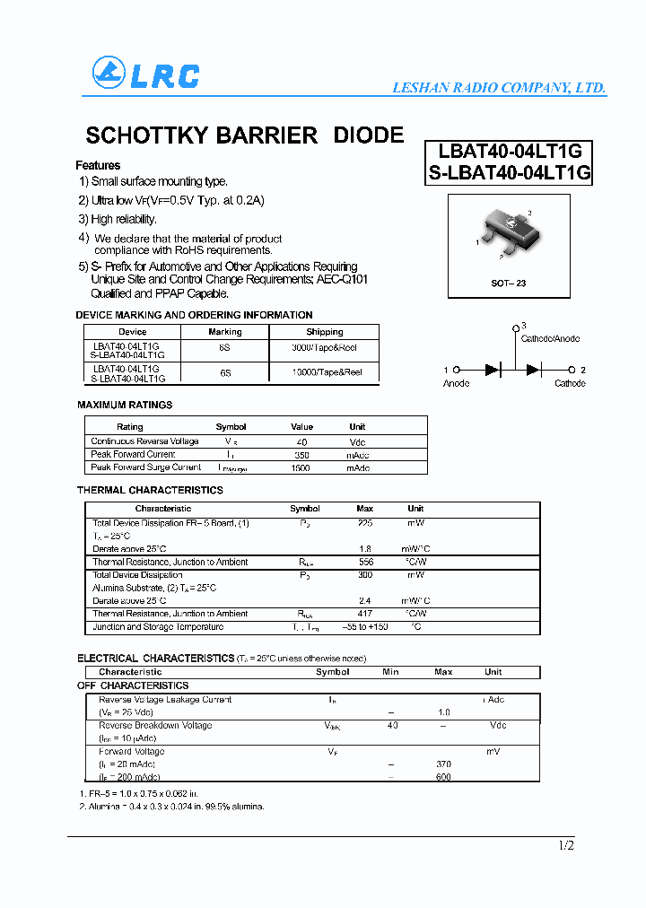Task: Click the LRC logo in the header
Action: coord(145,74)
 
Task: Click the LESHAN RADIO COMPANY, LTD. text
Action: coord(500,88)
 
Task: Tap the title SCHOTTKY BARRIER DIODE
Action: coord(244,135)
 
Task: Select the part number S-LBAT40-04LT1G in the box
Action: coord(509,173)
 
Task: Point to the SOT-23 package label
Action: coord(508,283)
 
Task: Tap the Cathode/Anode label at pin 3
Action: coord(550,338)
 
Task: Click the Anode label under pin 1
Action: coord(456,384)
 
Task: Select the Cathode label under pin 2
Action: coord(570,384)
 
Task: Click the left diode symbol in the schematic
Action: coord(493,370)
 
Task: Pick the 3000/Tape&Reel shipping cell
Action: coord(324,346)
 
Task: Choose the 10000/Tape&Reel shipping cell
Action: coord(327,372)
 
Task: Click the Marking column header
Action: coord(225,332)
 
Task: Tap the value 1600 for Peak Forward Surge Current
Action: coord(301,467)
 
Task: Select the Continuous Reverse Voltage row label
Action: coord(144,441)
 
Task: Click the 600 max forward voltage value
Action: coord(443,777)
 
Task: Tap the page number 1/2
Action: coord(565,846)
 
